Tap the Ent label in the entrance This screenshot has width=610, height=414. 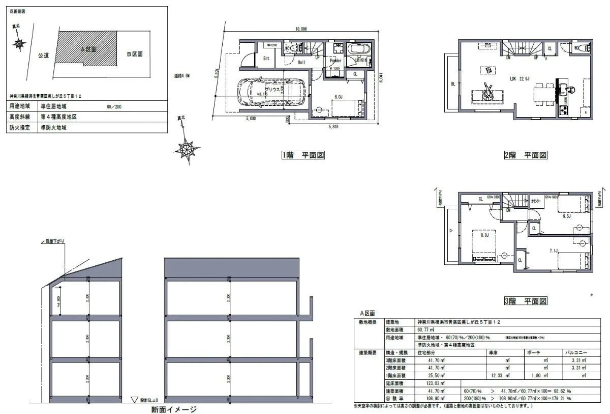click(266, 59)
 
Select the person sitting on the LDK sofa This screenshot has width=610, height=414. click(488, 90)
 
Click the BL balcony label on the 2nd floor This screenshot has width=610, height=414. click(452, 84)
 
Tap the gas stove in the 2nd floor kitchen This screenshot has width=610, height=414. click(563, 109)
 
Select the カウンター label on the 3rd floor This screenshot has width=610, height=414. click(537, 201)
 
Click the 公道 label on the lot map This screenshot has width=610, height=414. click(43, 55)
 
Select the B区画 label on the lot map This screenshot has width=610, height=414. click(135, 53)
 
